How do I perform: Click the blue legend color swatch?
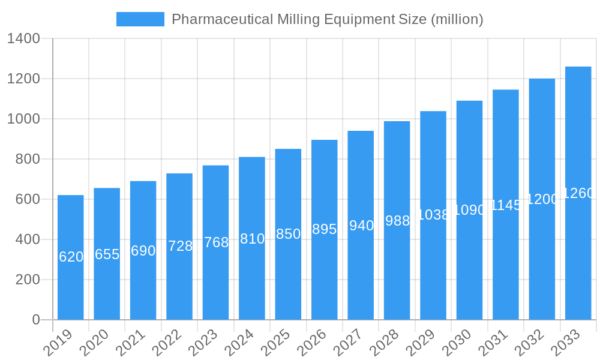pos(140,19)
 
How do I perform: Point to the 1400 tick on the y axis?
pos(23,39)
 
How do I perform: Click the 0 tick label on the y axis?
pos(36,320)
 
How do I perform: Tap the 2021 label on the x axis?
pos(131,343)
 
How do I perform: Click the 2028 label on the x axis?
pos(385,343)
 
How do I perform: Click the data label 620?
pos(71,257)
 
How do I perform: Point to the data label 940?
pos(361,226)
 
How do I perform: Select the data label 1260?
pos(578,193)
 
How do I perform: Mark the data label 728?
pos(180,246)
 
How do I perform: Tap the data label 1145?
pos(506,205)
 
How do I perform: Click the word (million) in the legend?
pos(457,19)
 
